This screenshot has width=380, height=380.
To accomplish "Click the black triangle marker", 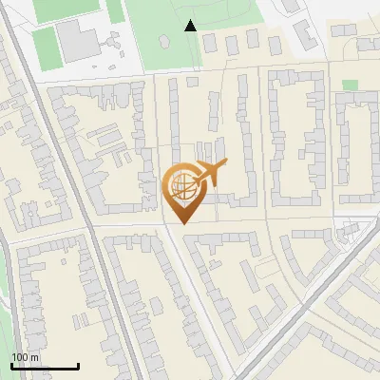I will pyautogui.click(x=191, y=26).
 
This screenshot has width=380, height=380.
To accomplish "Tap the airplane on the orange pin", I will pyautogui.click(x=208, y=173).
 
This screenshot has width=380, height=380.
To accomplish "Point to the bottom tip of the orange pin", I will pyautogui.click(x=181, y=223).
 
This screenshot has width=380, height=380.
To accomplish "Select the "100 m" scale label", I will pyautogui.click(x=25, y=357).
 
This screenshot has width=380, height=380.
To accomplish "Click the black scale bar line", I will pyautogui.click(x=45, y=366).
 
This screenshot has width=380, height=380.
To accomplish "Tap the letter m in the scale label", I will pyautogui.click(x=34, y=357).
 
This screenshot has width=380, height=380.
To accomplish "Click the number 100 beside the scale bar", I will pyautogui.click(x=20, y=357).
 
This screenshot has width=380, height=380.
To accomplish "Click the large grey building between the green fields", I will pyautogui.click(x=76, y=40).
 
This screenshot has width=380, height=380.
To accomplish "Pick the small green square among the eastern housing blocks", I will pyautogui.click(x=351, y=85).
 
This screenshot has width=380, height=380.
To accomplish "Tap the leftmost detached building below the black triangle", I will pyautogui.click(x=209, y=43).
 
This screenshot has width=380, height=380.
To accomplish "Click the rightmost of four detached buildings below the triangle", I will pyautogui.click(x=275, y=45).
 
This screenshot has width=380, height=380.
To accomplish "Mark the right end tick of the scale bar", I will pyautogui.click(x=78, y=365).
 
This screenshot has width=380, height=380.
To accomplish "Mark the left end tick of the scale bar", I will pyautogui.click(x=11, y=365).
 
